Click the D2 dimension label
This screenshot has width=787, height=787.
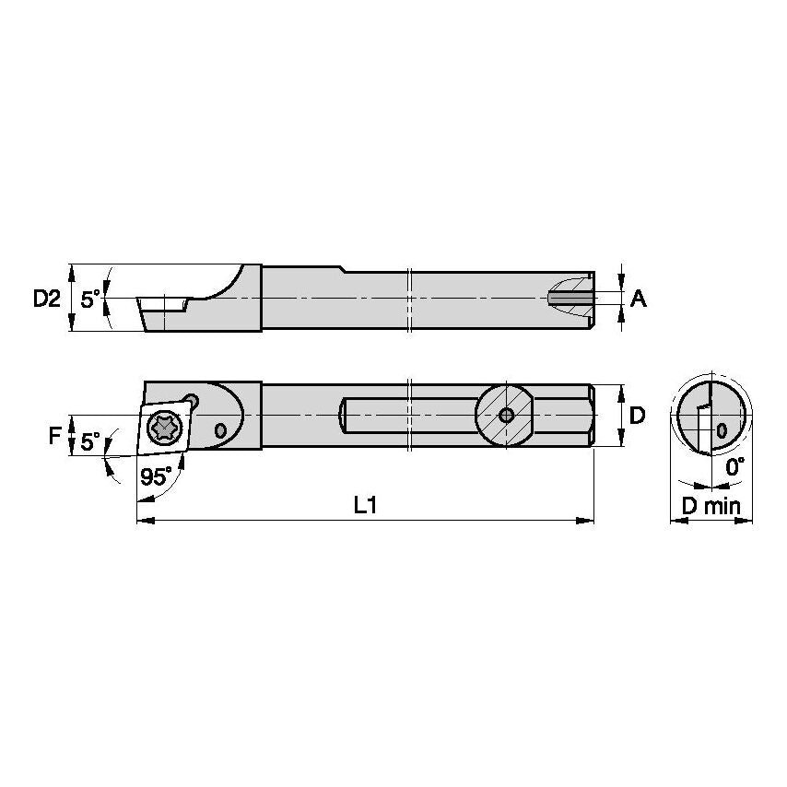pyautogui.click(x=46, y=298)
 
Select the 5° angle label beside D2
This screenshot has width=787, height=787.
pyautogui.click(x=89, y=299)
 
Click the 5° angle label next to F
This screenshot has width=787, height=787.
pyautogui.click(x=89, y=442)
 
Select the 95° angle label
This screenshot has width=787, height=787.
pyautogui.click(x=157, y=476)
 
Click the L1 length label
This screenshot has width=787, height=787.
pyautogui.click(x=367, y=506)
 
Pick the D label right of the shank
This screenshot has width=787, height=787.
pyautogui.click(x=637, y=416)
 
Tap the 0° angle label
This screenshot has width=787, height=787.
pyautogui.click(x=734, y=467)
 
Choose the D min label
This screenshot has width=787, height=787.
pyautogui.click(x=711, y=506)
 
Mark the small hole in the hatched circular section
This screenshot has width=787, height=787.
pyautogui.click(x=505, y=415)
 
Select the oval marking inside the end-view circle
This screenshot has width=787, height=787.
pyautogui.click(x=722, y=430)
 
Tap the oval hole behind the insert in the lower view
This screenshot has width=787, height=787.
pyautogui.click(x=219, y=430)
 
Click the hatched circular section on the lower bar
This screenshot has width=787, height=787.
pyautogui.click(x=505, y=415)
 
